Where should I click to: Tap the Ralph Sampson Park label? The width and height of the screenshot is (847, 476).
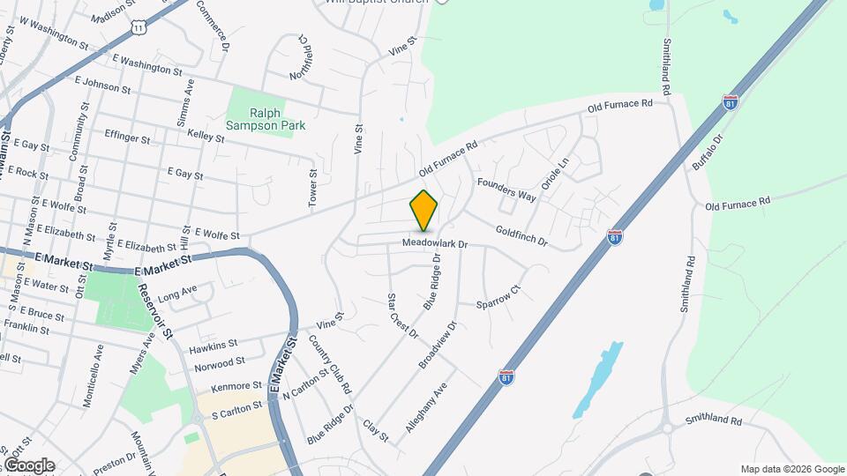266,119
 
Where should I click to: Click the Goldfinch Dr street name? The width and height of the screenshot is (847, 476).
521,235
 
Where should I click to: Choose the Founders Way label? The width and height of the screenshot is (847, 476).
506,189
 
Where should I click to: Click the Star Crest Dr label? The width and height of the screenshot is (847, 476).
403,316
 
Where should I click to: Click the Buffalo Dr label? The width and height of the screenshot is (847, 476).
707,152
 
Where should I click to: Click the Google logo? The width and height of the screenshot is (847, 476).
28,465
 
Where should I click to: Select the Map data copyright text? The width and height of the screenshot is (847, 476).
791,469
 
